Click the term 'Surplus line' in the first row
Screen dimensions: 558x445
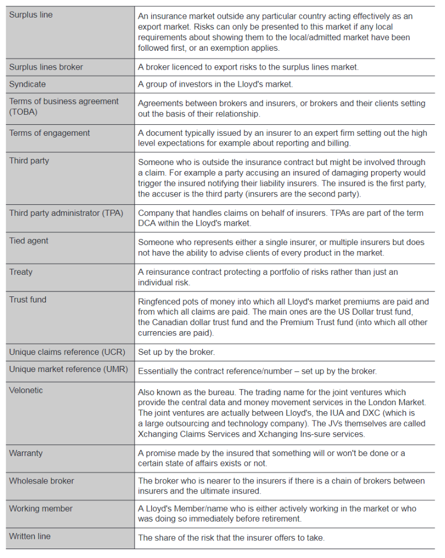[x=31, y=15]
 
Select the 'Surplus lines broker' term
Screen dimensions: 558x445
[x=46, y=67]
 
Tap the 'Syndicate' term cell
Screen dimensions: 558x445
[x=28, y=84]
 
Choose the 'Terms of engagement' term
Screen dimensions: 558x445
[x=50, y=133]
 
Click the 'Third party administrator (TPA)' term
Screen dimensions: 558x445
[x=66, y=213]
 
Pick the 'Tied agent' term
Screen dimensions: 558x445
[x=29, y=241]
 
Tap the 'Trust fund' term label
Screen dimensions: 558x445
[x=28, y=300]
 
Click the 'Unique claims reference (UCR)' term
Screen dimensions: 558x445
[x=67, y=352]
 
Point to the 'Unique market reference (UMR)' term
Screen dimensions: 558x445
[x=68, y=369]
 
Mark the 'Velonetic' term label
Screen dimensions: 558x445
[x=26, y=390]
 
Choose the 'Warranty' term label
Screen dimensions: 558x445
[x=26, y=453]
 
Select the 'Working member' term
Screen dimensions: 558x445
[x=41, y=508]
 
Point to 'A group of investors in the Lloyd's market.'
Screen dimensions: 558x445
[x=215, y=84]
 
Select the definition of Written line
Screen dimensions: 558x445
[x=231, y=537]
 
